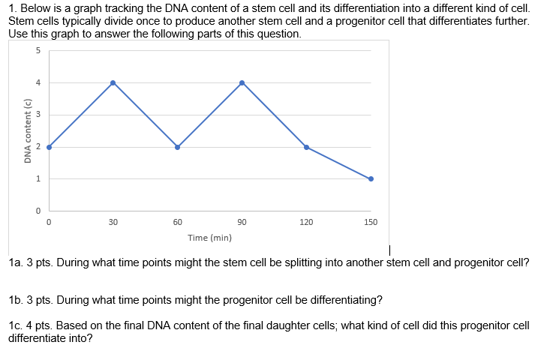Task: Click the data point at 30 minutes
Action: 113,82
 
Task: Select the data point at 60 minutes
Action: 177,147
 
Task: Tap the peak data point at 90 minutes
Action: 242,82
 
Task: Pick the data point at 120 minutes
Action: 306,147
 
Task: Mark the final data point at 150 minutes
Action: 371,178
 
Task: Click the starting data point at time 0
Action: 49,147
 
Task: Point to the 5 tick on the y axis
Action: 37,51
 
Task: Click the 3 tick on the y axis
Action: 37,115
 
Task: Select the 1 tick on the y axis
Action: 37,178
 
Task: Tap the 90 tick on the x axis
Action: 242,223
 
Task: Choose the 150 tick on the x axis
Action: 371,223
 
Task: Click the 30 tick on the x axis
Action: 113,223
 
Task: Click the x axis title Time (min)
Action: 209,238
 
